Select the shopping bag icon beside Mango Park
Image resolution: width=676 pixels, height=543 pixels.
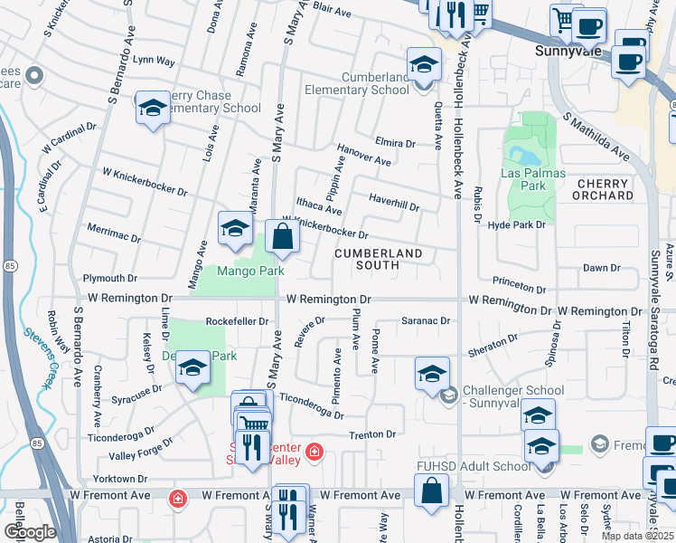282,238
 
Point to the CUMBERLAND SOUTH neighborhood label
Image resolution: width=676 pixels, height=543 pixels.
378,259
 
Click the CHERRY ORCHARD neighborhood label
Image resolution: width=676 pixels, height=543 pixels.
604,189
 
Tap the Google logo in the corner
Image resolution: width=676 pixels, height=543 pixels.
29,531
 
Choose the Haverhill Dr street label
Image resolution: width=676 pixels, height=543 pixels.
394,202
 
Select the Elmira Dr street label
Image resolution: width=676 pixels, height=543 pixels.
394,143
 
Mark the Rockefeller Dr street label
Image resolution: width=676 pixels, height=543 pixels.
237,321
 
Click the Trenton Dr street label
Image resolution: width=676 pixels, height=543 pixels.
379,434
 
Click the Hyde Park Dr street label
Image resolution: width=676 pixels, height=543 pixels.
517,224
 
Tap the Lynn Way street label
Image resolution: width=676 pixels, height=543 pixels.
154,61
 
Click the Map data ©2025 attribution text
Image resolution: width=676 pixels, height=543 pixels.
637,536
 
